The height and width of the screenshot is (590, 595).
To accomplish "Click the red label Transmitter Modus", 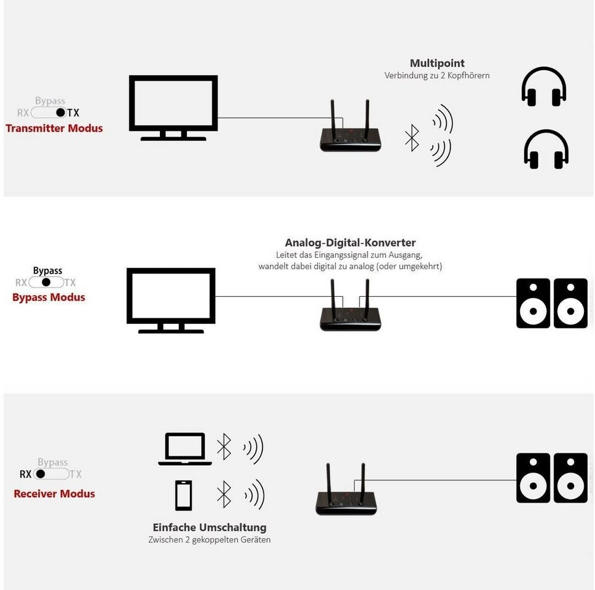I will (54, 128).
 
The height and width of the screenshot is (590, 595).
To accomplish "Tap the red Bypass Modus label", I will (49, 297).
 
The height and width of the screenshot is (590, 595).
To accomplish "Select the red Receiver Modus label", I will (54, 494).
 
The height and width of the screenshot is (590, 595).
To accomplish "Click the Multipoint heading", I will (437, 63).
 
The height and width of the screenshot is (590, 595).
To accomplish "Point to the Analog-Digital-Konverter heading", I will (350, 243).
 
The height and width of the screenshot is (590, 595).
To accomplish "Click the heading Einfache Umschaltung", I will (210, 527).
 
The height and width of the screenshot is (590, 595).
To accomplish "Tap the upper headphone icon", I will (544, 87).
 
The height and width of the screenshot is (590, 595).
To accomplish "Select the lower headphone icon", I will (546, 149).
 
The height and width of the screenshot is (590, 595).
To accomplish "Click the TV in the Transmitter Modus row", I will (173, 106).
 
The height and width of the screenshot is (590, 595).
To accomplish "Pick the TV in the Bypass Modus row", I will (171, 299).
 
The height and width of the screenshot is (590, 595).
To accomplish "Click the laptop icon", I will (185, 449).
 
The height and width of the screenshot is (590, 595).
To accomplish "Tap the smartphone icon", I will (183, 495).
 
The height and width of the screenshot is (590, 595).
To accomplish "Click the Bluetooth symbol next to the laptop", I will (224, 447).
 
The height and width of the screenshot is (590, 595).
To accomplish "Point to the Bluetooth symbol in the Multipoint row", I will (412, 138).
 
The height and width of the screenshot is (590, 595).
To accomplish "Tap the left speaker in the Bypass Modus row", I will (533, 304).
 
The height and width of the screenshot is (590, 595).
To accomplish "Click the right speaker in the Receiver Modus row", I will (570, 478).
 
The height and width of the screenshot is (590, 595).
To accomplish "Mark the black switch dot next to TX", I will (60, 112).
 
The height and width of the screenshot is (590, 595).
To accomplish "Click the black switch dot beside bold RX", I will (41, 474).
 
